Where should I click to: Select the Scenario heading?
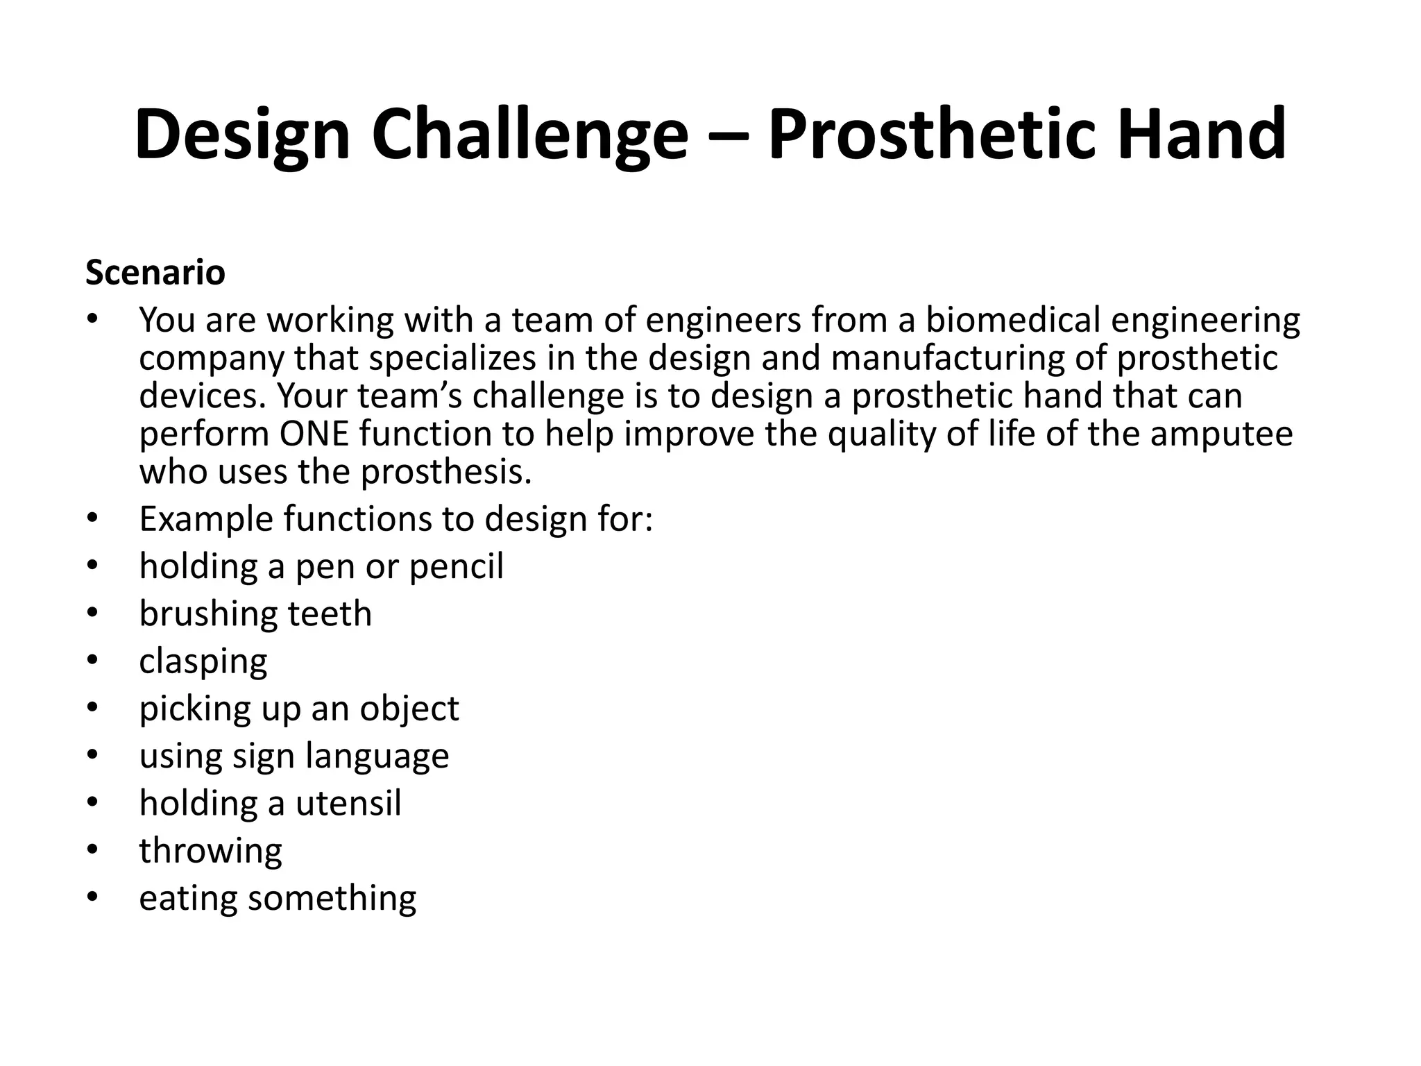tap(155, 273)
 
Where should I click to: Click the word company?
tap(212, 359)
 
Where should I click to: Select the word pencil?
tap(456, 566)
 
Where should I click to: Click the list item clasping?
tap(203, 661)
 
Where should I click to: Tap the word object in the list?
tap(409, 709)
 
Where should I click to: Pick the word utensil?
tap(348, 803)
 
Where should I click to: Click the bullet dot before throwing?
tap(93, 850)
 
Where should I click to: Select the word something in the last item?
tap(332, 898)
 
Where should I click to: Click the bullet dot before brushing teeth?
tap(93, 614)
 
